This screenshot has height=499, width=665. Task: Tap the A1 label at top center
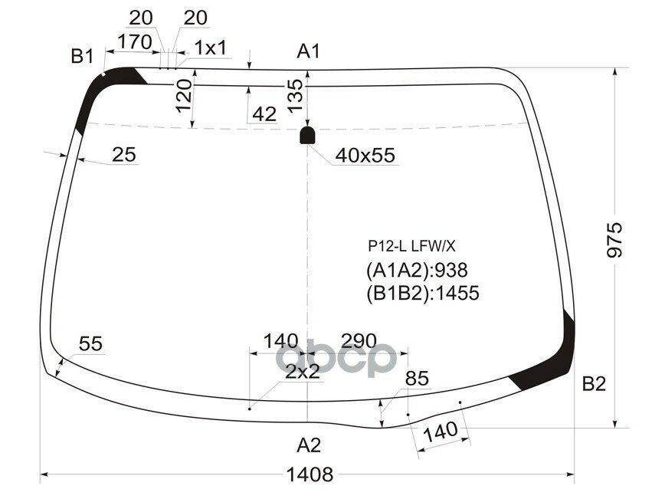point(308,52)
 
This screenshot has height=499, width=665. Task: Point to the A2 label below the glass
point(309,445)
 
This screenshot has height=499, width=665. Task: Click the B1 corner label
point(82,56)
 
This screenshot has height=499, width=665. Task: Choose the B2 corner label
point(594,385)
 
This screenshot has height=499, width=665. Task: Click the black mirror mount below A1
point(307,136)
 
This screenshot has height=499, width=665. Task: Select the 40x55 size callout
point(365,156)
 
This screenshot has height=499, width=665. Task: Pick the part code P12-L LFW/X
point(411,246)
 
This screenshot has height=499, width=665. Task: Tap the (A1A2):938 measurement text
point(417,270)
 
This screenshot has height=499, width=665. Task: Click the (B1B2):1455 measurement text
point(423,294)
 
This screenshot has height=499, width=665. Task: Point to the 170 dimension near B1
point(135,43)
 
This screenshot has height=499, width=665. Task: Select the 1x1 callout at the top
point(210,48)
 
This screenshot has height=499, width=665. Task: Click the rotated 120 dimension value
point(182,95)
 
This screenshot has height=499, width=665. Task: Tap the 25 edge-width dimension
point(123,155)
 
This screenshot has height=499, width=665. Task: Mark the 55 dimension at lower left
point(90,345)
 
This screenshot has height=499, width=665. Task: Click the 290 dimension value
point(359,340)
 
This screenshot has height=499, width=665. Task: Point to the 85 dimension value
point(417,379)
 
